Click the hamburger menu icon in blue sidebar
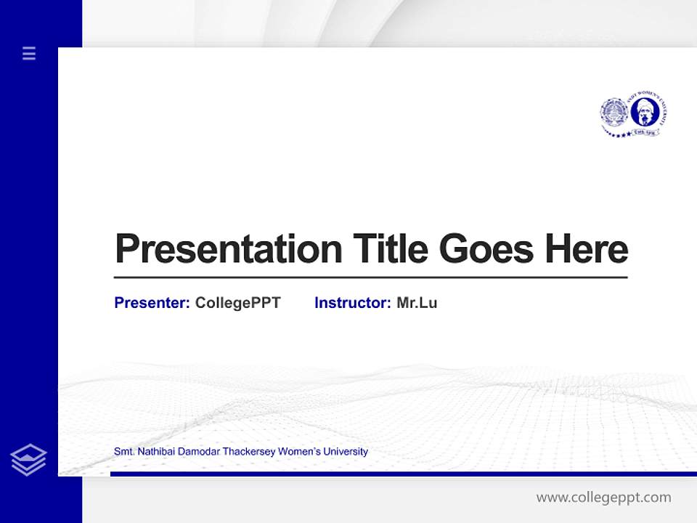click(29, 53)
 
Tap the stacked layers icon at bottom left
click(28, 460)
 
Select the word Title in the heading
click(390, 249)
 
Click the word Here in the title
click(587, 249)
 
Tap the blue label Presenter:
click(152, 303)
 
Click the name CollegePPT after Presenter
click(237, 303)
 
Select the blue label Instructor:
click(352, 303)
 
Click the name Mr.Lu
click(417, 303)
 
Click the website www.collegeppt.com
click(603, 498)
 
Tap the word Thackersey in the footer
click(249, 452)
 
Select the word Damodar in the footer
click(197, 452)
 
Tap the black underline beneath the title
click(370, 277)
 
